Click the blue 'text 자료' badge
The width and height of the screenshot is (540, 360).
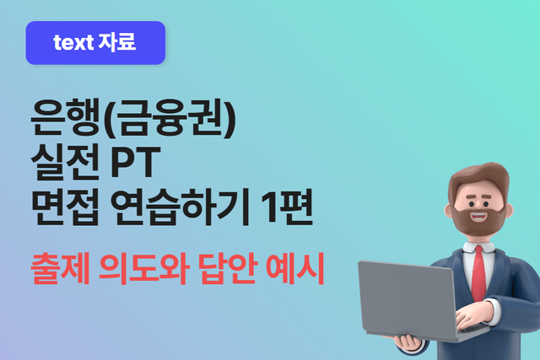pyautogui.click(x=95, y=43)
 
